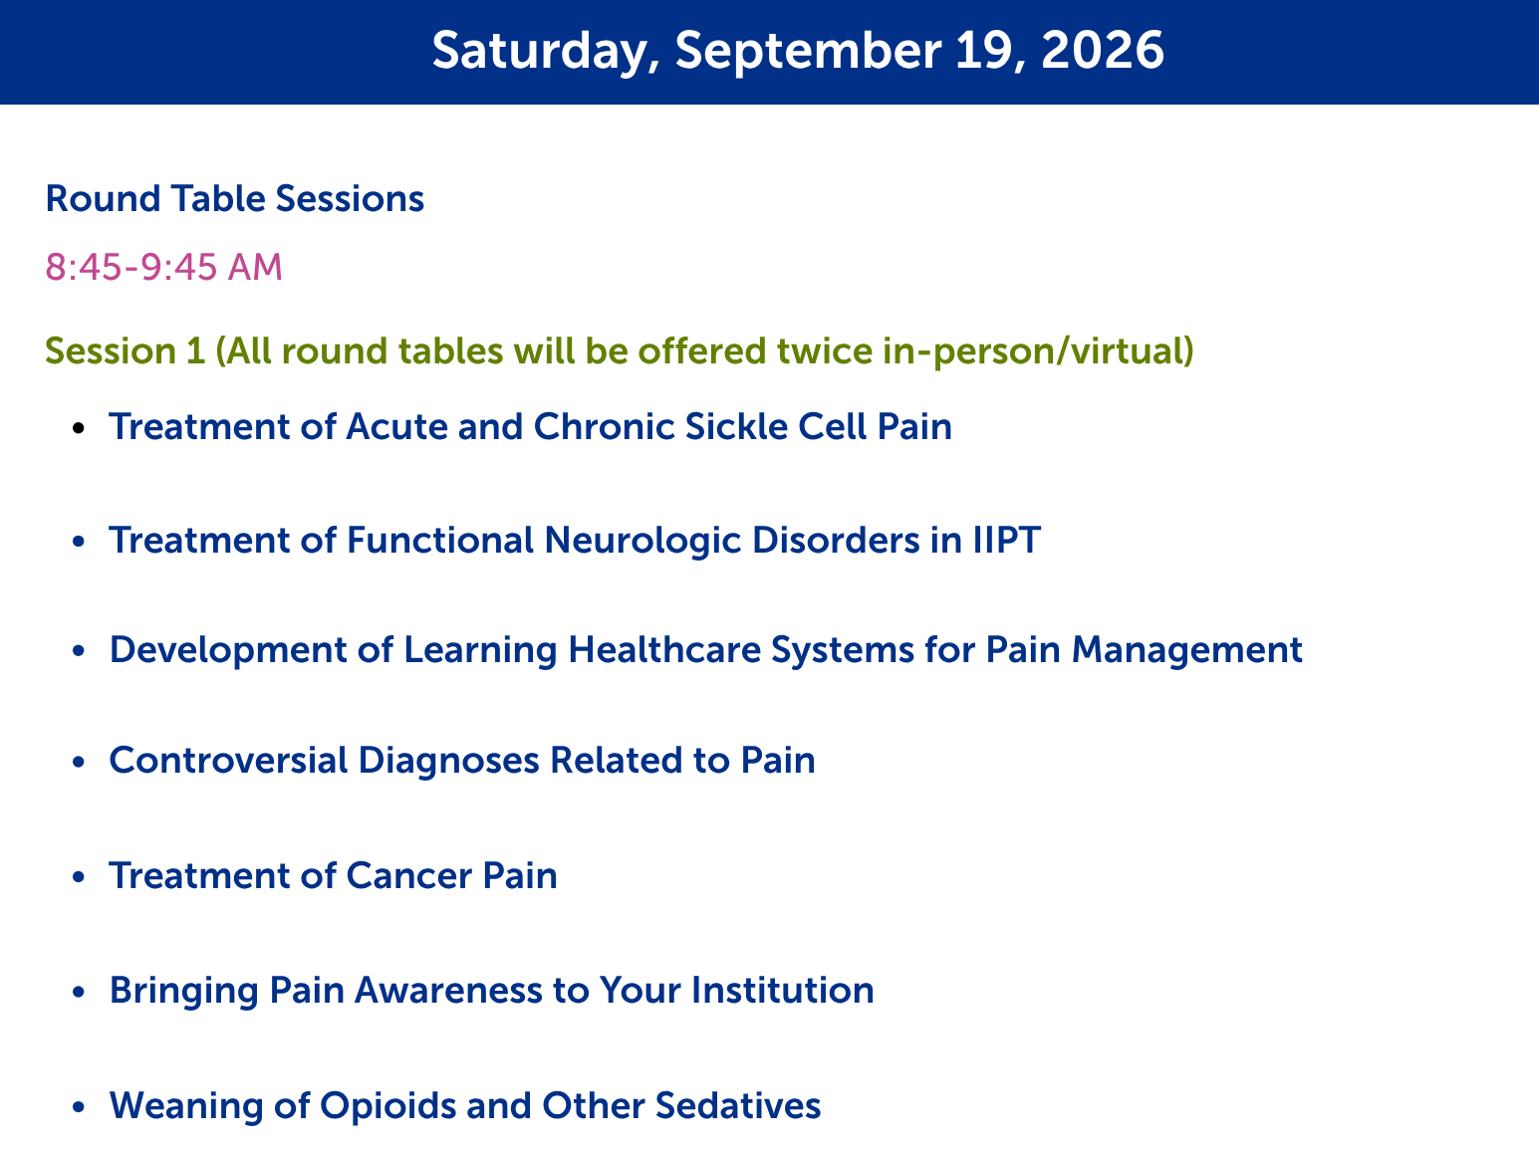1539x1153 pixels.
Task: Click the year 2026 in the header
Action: pos(1102,51)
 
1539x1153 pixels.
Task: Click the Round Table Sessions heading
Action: pos(235,198)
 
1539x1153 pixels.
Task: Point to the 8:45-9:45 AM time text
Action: pos(164,267)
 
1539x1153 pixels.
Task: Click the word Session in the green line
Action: pos(111,350)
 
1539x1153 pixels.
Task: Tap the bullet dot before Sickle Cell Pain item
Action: pos(79,427)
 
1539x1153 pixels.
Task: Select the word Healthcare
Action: pos(664,649)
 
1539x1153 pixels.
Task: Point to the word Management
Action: pos(1187,651)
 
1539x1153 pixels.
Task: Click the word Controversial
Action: pos(228,760)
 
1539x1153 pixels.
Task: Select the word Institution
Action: pos(783,991)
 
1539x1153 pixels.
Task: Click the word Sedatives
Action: pos(737,1105)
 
